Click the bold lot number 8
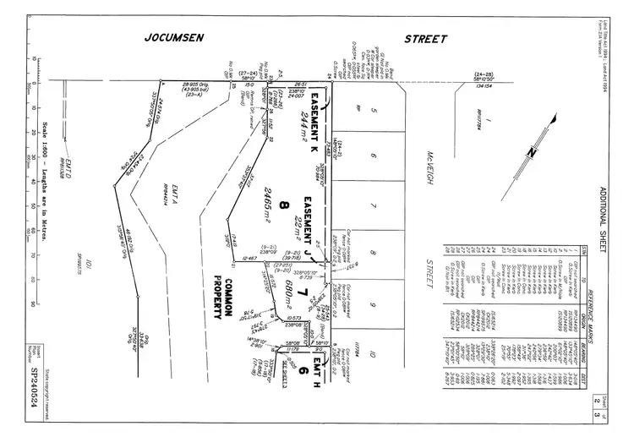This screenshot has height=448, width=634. pyautogui.click(x=285, y=204)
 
